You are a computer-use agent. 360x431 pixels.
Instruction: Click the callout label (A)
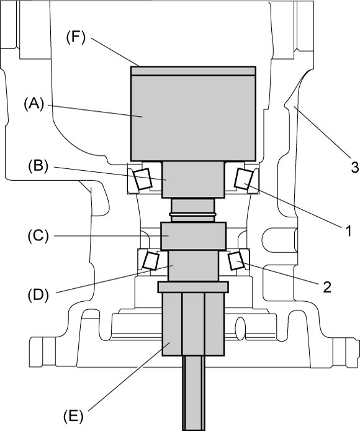point(34,104)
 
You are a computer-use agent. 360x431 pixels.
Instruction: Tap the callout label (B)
point(38,166)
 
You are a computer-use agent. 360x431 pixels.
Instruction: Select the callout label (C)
point(38,236)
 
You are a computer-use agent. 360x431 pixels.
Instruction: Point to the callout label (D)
point(38,294)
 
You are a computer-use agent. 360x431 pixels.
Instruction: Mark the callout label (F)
point(76,38)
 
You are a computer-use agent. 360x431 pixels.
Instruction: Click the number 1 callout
point(348,231)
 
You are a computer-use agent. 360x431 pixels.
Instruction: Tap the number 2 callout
point(327,287)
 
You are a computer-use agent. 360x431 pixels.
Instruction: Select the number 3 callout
point(354,167)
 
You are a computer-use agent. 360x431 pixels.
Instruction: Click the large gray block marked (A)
point(194,117)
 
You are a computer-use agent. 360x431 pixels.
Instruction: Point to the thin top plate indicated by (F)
point(194,71)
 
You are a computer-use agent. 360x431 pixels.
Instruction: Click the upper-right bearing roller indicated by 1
point(244,179)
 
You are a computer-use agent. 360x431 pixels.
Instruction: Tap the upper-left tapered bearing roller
point(143,179)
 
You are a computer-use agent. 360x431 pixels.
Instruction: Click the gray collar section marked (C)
point(194,236)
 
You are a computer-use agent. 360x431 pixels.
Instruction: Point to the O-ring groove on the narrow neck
point(193,214)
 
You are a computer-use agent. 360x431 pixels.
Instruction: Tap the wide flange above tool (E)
point(193,287)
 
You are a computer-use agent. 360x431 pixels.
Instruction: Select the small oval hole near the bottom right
point(240,326)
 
